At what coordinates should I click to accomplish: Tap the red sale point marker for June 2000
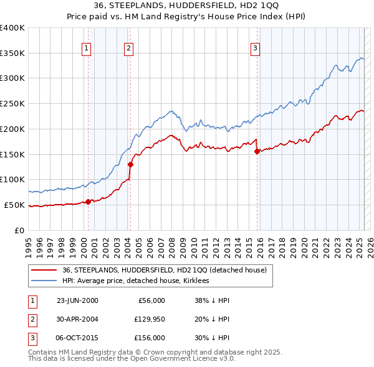(89, 201)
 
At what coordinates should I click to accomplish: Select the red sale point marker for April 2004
(131, 164)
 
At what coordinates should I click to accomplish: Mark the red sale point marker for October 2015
(257, 151)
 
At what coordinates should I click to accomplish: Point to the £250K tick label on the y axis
(12, 103)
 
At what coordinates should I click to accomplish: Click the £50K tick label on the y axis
(15, 205)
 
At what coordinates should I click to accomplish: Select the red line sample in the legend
(44, 270)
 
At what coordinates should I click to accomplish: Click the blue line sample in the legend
(44, 281)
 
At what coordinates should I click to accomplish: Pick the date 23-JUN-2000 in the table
(77, 300)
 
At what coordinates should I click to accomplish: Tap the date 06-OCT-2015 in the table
(77, 338)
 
